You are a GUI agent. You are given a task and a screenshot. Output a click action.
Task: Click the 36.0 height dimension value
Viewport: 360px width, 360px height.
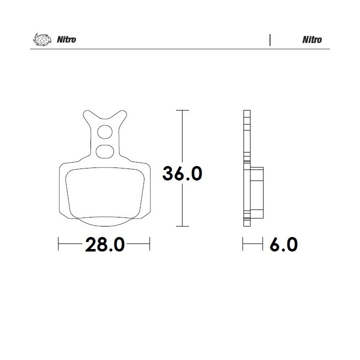click(x=182, y=173)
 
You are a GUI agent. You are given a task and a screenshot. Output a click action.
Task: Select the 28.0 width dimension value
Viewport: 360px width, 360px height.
click(x=105, y=244)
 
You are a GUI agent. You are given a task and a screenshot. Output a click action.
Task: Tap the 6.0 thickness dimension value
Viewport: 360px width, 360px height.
click(x=284, y=244)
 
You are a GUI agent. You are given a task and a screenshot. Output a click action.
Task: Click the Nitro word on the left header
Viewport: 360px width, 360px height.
click(x=66, y=39)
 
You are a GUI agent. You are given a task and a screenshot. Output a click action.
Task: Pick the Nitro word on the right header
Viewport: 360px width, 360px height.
click(x=312, y=39)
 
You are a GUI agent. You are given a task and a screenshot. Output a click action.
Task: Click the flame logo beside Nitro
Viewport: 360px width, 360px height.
click(x=42, y=39)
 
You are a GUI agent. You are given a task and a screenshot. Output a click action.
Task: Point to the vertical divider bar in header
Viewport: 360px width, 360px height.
click(x=270, y=40)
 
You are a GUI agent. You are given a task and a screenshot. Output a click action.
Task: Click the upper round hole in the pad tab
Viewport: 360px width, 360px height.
click(x=105, y=132)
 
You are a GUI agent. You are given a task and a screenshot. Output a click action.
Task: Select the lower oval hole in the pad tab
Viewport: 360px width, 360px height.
click(x=105, y=151)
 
